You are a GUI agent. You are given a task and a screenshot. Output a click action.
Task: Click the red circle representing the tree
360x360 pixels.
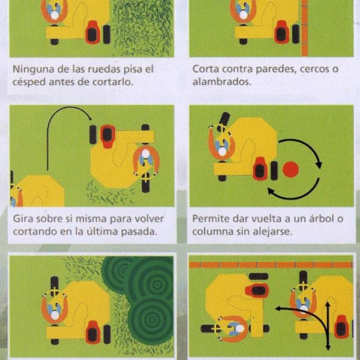click(290, 169)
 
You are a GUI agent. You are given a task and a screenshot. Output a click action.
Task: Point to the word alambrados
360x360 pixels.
click(221, 82)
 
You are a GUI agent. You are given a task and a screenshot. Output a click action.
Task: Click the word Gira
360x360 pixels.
click(22, 219)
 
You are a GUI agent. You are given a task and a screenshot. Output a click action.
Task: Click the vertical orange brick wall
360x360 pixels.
click(304, 28)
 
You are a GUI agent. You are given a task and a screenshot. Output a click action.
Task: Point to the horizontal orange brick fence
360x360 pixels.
click(271, 265)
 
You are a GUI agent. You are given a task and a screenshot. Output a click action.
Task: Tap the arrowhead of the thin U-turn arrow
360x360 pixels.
click(90, 118)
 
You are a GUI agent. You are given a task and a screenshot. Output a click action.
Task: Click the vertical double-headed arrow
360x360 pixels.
click(328, 326)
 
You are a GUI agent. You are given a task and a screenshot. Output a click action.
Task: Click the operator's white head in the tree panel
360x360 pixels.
click(222, 152)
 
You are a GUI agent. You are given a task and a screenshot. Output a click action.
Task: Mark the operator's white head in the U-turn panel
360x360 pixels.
click(146, 154)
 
